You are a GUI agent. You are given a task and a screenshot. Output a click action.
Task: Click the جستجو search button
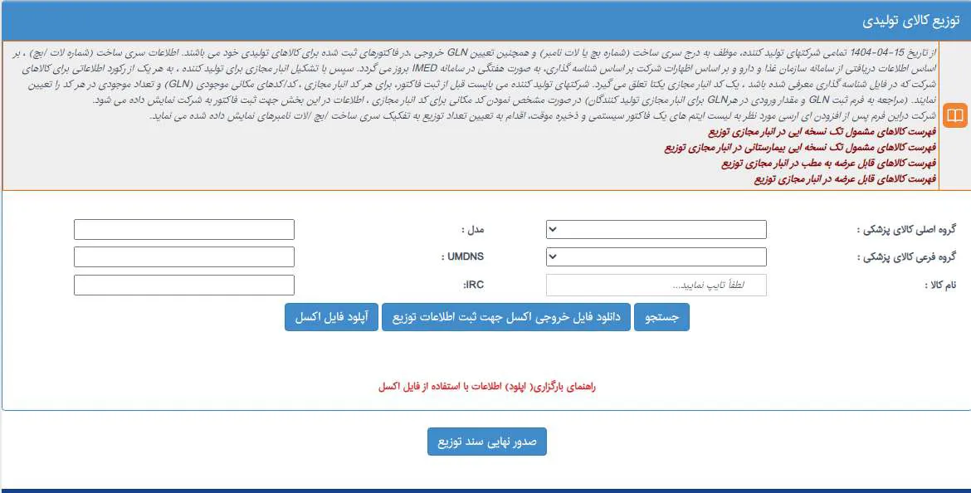point(661,317)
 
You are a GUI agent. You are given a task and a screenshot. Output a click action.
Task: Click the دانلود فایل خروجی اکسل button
point(506,317)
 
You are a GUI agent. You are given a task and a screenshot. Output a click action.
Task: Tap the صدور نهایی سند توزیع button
point(487,442)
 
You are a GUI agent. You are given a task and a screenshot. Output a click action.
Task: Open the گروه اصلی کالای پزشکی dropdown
point(656,229)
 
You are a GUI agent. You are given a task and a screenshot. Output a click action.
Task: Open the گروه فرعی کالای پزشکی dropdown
point(656,257)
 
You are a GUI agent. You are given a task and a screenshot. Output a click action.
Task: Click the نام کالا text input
point(656,286)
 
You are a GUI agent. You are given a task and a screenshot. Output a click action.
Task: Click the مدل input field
point(183,229)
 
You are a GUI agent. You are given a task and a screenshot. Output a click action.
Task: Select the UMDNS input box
point(183,257)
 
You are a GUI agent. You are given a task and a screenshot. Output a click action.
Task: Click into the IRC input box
point(183,286)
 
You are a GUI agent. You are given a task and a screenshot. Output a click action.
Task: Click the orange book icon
point(955,115)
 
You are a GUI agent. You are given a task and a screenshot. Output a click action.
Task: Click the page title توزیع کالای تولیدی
point(910,21)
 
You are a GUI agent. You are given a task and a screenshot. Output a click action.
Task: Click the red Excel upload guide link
point(487,387)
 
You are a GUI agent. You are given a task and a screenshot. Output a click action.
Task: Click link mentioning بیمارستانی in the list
point(800,148)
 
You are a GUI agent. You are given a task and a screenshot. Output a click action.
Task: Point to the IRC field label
point(473,285)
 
